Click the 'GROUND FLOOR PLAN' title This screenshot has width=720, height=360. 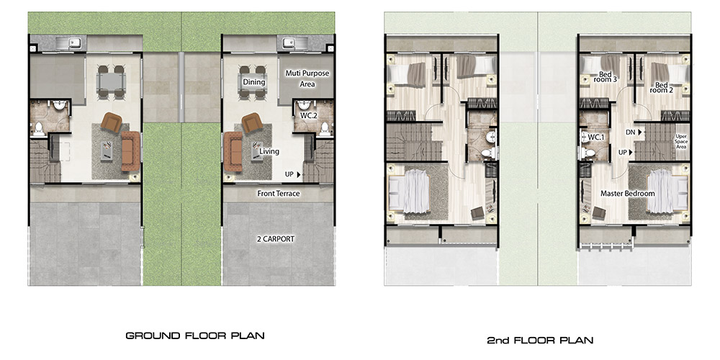tap(195, 336)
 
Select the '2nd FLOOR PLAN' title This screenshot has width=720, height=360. tap(540, 341)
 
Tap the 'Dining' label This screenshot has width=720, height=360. tap(254, 82)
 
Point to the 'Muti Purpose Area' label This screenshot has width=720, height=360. tap(307, 78)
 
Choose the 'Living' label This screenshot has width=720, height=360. tap(269, 151)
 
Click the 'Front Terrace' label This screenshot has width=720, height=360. tap(278, 194)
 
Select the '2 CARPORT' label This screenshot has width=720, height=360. tap(276, 239)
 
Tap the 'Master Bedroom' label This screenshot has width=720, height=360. tap(627, 194)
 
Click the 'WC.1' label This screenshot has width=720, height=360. tap(596, 136)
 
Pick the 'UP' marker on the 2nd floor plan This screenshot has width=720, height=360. tap(626, 152)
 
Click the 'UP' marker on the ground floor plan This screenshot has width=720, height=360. tap(292, 174)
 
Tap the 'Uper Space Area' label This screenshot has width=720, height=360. tap(681, 141)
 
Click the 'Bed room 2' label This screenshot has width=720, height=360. tap(661, 88)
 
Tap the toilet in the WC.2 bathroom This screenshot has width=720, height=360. tap(325, 127)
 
